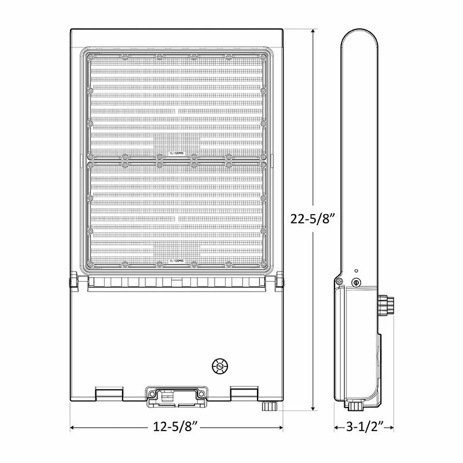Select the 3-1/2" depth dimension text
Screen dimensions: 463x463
point(364,428)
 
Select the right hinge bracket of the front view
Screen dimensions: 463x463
point(281,282)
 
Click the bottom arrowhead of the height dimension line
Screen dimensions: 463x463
point(313,408)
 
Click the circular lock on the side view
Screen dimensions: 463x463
point(357,283)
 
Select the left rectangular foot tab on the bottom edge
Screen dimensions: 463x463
point(109,393)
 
